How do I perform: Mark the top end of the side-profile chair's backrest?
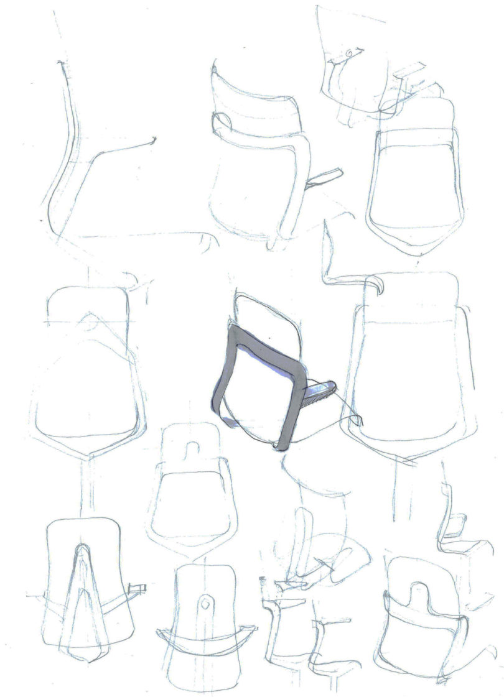tap(61, 63)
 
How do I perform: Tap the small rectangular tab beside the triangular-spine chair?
tap(137, 588)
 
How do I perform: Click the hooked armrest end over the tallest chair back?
tap(377, 284)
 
